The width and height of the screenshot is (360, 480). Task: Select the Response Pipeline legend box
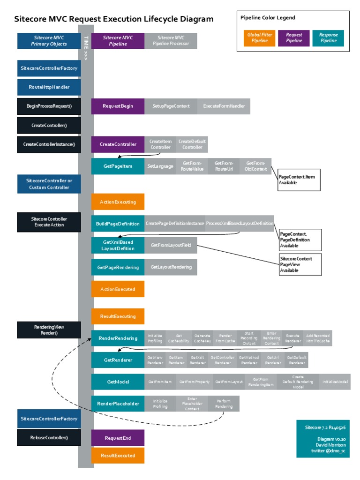[328, 38]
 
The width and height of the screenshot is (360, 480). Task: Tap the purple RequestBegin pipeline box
[118, 106]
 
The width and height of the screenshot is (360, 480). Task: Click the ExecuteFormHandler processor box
[224, 106]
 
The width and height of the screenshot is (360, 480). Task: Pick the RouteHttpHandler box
[49, 87]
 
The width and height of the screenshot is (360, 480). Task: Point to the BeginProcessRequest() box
[49, 106]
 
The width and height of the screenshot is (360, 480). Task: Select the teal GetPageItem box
[118, 166]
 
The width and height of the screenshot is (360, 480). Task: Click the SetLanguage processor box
[160, 166]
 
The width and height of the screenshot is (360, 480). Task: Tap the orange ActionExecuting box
[118, 202]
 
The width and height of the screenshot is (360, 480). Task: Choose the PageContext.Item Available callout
[299, 180]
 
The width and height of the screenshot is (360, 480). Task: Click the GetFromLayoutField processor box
[171, 245]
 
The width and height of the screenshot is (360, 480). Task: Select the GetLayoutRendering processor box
[171, 267]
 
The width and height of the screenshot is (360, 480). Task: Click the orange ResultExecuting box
[118, 316]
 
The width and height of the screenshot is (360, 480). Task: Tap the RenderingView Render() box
[49, 330]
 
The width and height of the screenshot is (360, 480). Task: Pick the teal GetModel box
[118, 382]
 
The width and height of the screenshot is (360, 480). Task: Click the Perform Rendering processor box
[224, 404]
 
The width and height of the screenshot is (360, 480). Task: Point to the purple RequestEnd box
[118, 438]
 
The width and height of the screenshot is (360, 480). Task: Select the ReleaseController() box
[49, 437]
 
